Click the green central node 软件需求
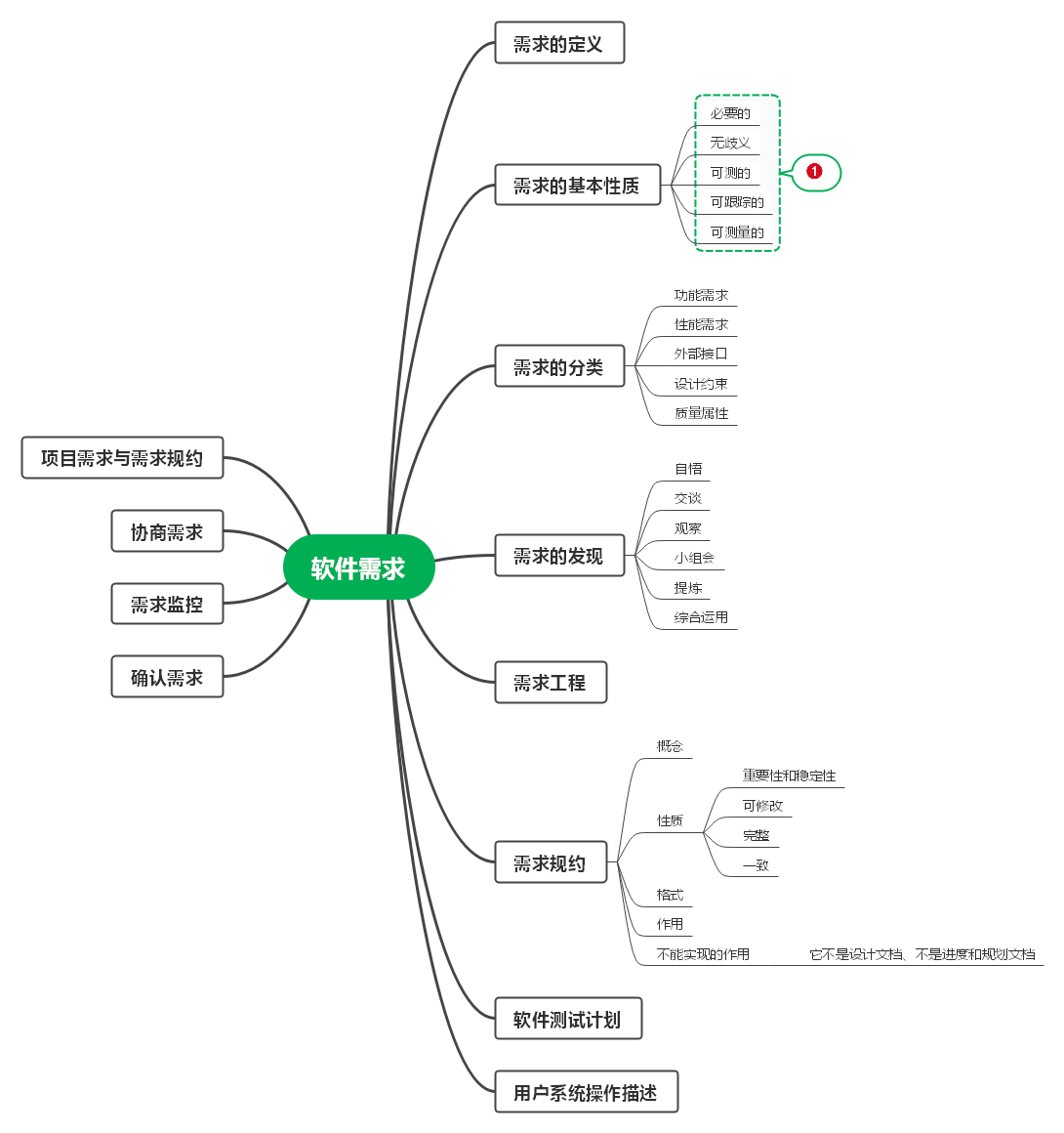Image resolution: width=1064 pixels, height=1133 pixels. click(x=358, y=567)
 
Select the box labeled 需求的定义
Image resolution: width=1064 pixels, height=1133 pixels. click(x=558, y=43)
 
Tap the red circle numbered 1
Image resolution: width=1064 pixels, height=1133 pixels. click(x=814, y=172)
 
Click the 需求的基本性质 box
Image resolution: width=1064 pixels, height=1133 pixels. click(x=577, y=185)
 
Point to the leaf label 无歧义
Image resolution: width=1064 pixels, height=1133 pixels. click(x=730, y=143)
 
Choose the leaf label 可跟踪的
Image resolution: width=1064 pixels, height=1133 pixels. click(x=737, y=202)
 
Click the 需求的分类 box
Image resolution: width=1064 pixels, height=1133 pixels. click(x=558, y=366)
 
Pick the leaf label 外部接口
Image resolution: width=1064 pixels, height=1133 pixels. click(x=701, y=354)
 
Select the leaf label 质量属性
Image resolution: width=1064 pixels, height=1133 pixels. click(x=701, y=413)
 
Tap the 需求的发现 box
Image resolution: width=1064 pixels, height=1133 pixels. click(x=558, y=555)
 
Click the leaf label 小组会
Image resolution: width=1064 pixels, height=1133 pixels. click(x=694, y=558)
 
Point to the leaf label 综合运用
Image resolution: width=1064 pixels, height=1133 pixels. click(x=701, y=617)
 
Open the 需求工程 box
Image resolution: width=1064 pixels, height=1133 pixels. click(x=550, y=682)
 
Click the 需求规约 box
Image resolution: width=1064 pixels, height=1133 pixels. click(x=550, y=862)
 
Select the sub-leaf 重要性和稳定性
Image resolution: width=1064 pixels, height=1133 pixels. click(x=789, y=776)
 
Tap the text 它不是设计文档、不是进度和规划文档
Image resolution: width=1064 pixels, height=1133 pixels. click(x=922, y=954)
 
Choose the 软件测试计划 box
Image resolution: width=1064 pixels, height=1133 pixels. click(x=567, y=1019)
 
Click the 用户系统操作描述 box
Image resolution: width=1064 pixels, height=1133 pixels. click(x=585, y=1092)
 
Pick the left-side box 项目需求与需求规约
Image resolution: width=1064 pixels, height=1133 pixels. click(x=122, y=457)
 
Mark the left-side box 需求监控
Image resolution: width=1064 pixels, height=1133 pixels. click(x=167, y=604)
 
